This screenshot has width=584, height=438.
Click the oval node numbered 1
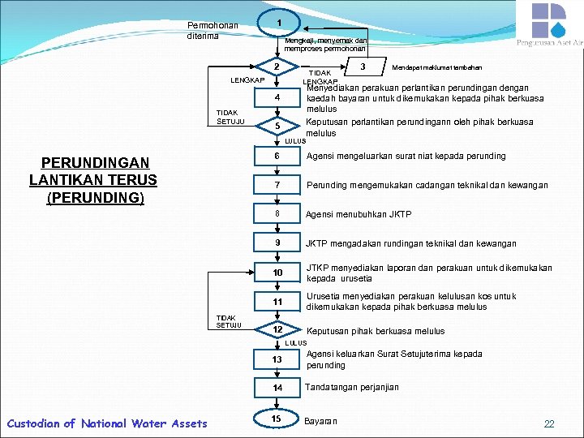[277, 23]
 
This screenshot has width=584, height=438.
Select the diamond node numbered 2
[277, 67]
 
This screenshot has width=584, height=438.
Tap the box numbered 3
[363, 67]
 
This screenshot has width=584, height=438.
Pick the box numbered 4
[277, 99]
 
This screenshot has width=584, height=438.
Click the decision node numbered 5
[277, 127]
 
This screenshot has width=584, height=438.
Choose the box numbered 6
[277, 157]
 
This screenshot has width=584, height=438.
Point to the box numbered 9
[277, 243]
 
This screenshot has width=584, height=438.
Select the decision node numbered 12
[277, 330]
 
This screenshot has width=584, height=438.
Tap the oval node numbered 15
[277, 419]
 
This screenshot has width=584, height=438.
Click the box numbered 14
[277, 388]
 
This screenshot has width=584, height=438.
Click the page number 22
[549, 424]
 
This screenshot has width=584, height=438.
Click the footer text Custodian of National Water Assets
[106, 423]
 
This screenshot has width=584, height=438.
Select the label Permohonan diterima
[212, 31]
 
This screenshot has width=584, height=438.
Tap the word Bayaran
[320, 421]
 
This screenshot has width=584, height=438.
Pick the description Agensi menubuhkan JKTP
[358, 214]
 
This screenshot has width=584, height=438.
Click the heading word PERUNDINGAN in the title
[92, 163]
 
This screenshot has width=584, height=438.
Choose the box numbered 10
[277, 273]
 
